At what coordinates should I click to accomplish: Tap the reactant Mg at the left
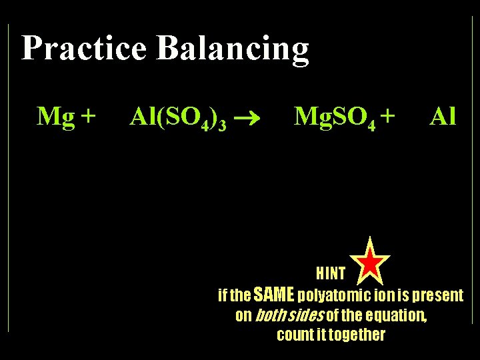[x=55, y=117]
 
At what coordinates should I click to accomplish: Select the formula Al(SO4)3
[x=178, y=118]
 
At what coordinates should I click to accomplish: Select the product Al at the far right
[x=443, y=117]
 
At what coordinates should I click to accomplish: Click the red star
[x=371, y=261]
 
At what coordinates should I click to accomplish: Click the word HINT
[x=330, y=273]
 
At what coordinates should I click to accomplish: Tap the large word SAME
[x=269, y=294]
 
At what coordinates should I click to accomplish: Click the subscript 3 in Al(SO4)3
[x=222, y=125]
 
